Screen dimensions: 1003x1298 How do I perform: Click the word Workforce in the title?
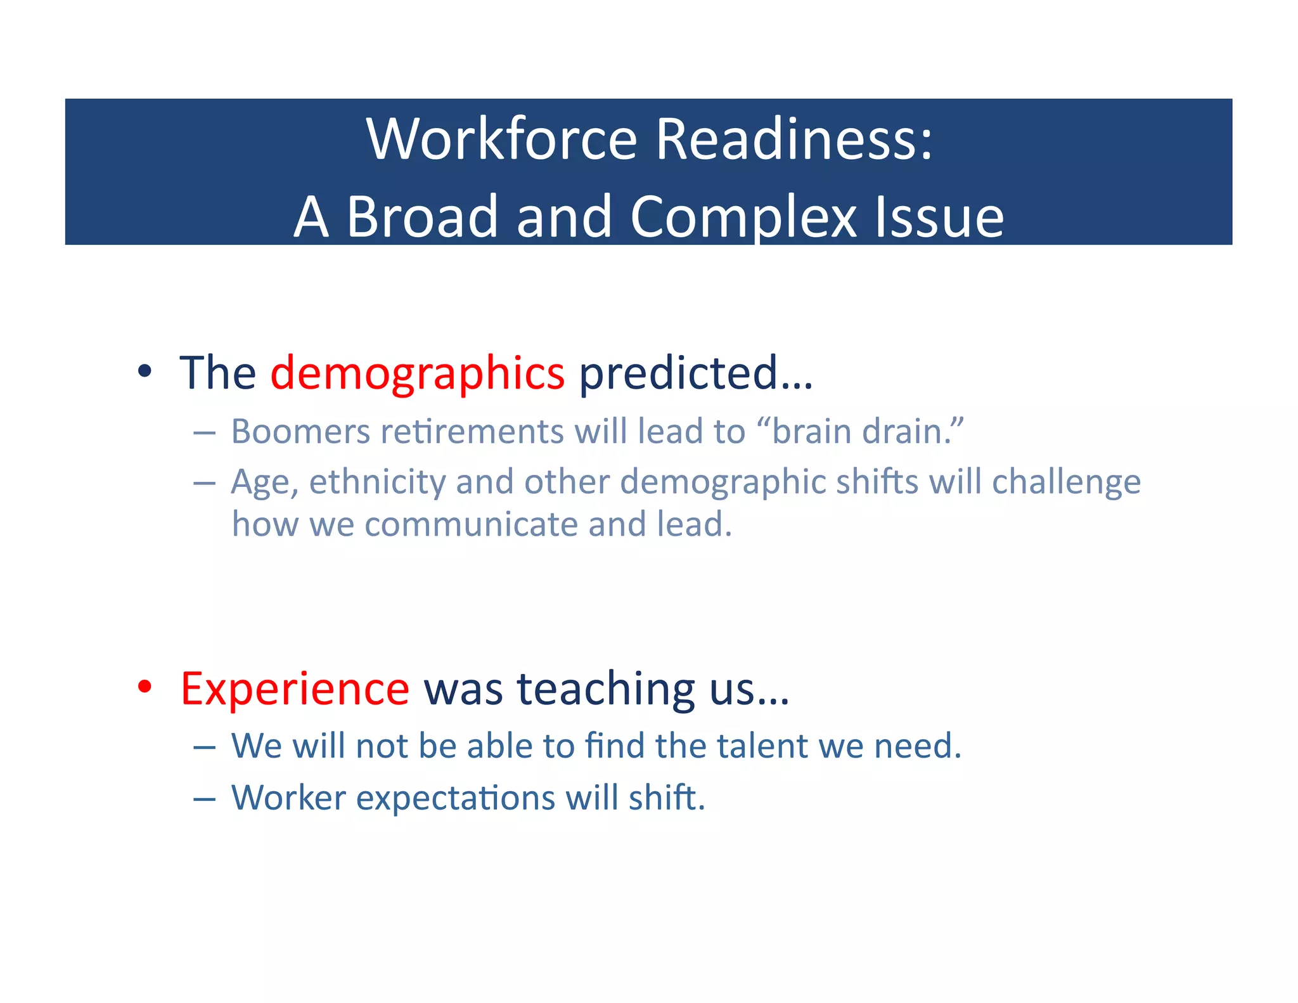click(501, 139)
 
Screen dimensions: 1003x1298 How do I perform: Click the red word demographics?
click(417, 373)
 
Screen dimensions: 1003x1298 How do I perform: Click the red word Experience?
click(295, 689)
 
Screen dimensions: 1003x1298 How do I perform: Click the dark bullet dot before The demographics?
click(145, 372)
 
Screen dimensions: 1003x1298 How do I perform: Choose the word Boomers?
click(300, 432)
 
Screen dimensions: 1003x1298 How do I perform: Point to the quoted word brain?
click(812, 432)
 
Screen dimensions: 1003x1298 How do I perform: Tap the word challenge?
click(1066, 482)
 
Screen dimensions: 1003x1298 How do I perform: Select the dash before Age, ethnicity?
click(204, 484)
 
